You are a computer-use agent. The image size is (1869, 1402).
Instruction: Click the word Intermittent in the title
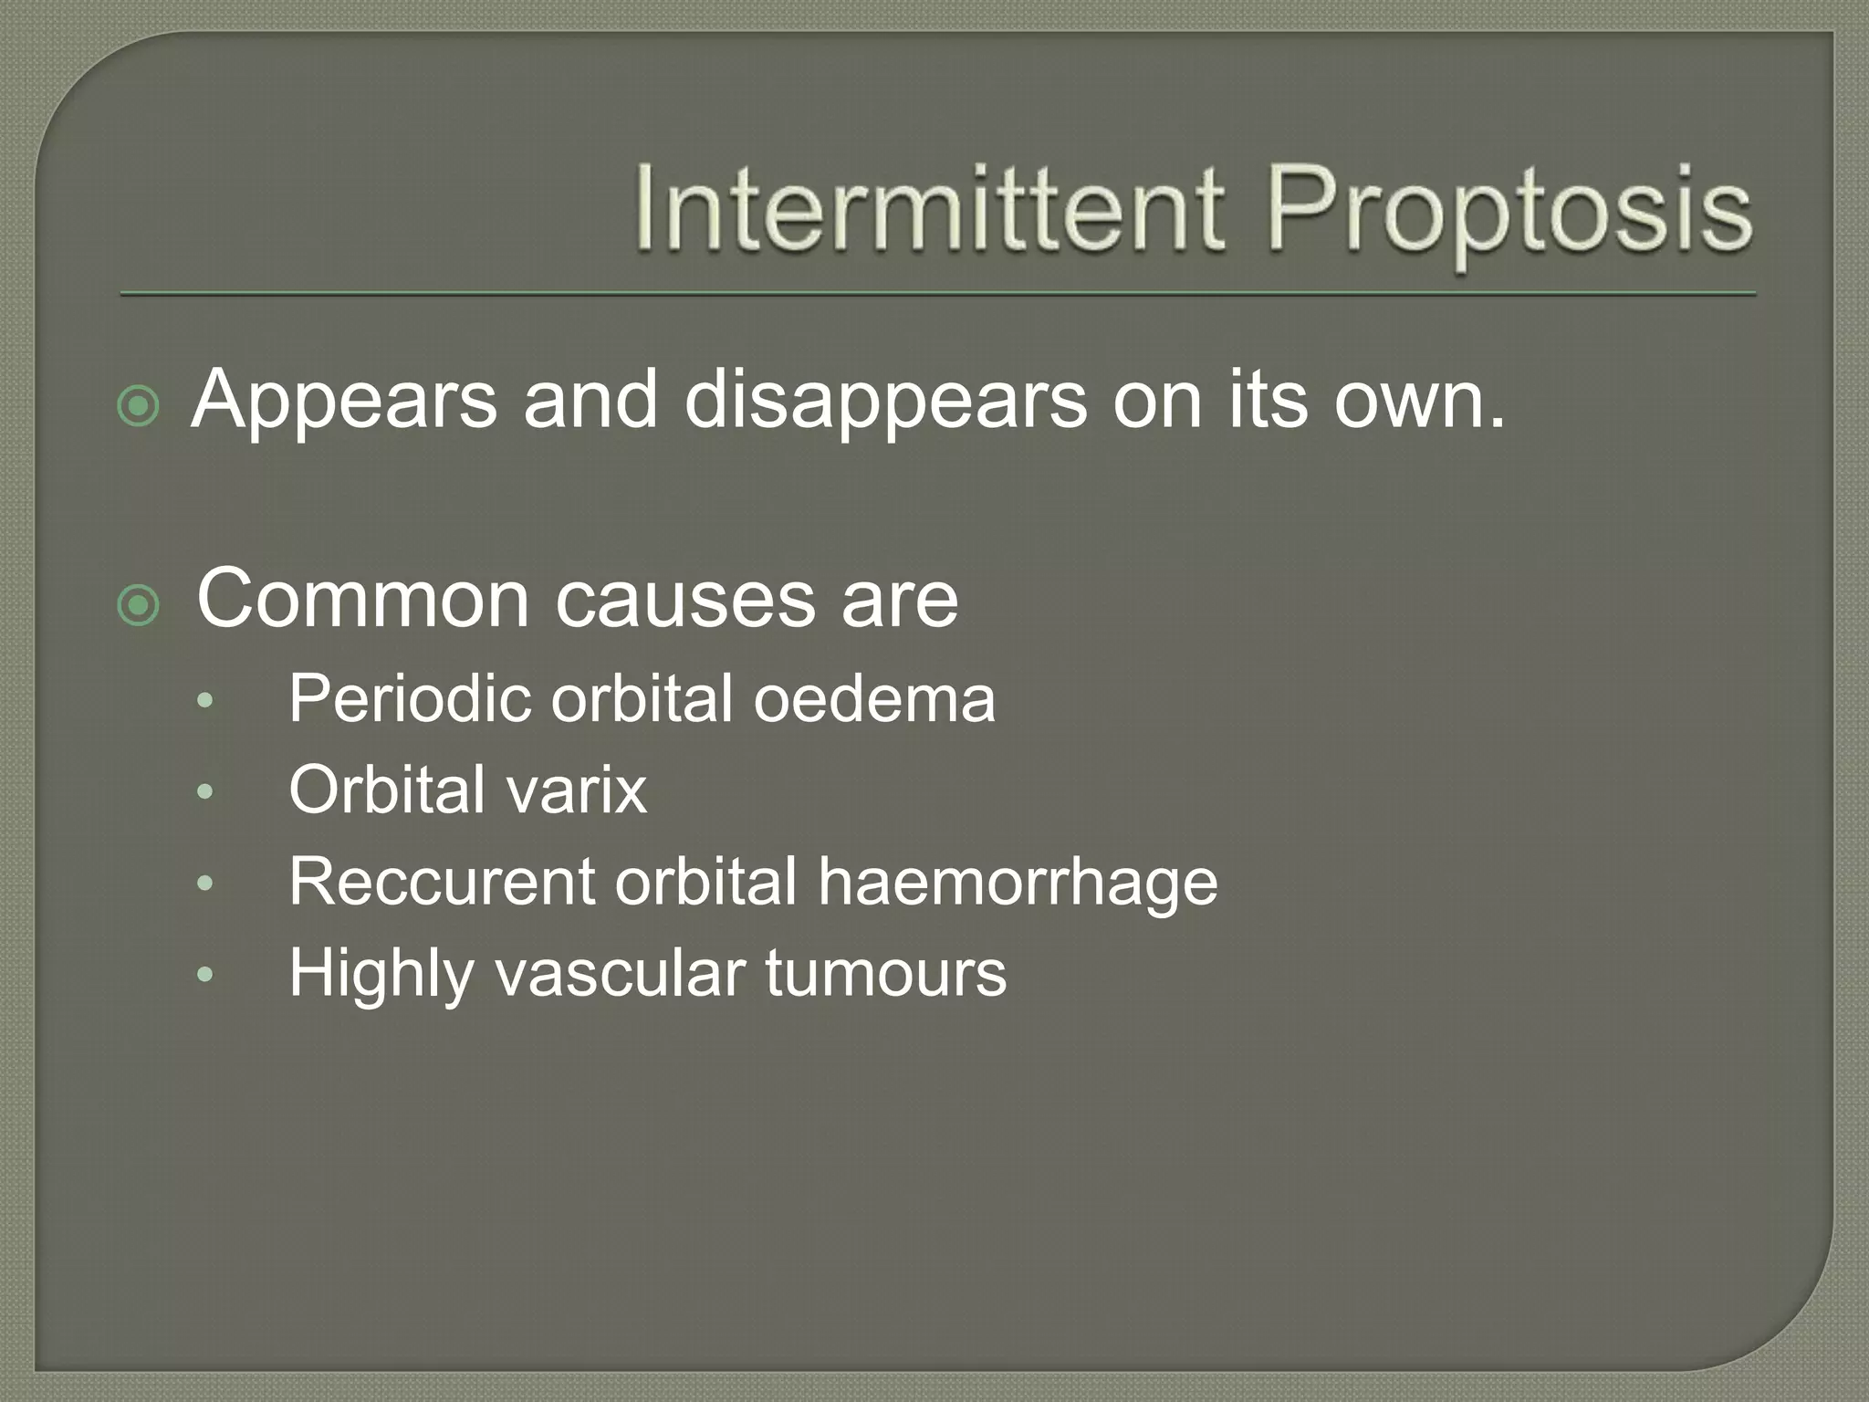[928, 210]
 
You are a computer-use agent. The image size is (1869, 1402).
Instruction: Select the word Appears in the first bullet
[344, 402]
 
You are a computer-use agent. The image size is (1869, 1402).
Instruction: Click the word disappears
[885, 402]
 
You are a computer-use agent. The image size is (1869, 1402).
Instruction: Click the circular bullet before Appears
[139, 406]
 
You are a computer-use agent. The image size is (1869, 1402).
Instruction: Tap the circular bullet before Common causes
[139, 606]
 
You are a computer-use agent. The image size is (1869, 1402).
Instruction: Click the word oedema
[873, 699]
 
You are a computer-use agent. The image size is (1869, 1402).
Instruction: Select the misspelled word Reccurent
[442, 883]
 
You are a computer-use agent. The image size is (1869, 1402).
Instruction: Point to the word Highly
[381, 975]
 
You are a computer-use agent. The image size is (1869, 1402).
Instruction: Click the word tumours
[885, 974]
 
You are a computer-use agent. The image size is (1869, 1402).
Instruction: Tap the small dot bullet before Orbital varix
[204, 791]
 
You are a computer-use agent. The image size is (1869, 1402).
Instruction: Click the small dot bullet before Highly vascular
[204, 975]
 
